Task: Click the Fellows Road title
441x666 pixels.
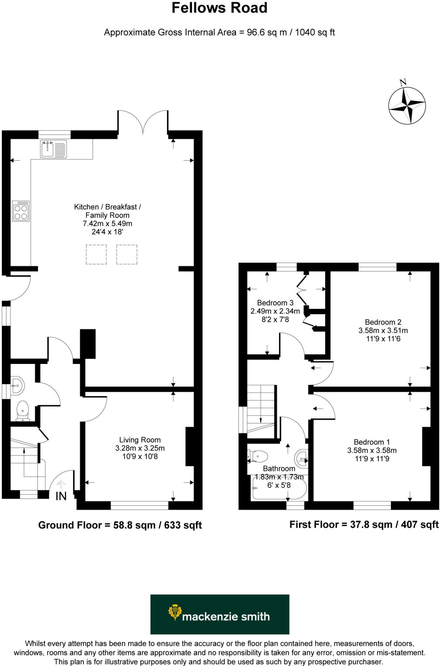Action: (x=219, y=8)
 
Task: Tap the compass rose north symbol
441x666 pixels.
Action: (x=407, y=106)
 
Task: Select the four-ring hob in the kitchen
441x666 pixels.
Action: (x=21, y=211)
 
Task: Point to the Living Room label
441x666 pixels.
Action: (x=140, y=440)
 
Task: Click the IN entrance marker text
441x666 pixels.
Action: (x=61, y=496)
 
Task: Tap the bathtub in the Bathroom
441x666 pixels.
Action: (x=279, y=488)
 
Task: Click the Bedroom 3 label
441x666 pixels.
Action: (x=275, y=303)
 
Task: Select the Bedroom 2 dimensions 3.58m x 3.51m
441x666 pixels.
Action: (x=383, y=330)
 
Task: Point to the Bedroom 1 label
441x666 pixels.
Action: (x=371, y=442)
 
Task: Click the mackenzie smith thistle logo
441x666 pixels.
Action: (x=175, y=612)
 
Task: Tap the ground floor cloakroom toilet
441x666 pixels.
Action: (x=22, y=411)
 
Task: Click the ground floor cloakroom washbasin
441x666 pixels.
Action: (x=17, y=386)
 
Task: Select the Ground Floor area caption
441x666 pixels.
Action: (x=120, y=525)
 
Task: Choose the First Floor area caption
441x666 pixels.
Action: (x=364, y=525)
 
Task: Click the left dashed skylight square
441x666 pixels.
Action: (x=96, y=254)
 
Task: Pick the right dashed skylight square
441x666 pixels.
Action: (x=127, y=254)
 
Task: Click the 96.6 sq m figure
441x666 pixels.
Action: (x=261, y=33)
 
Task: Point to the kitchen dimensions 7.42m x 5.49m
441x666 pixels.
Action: (x=107, y=224)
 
